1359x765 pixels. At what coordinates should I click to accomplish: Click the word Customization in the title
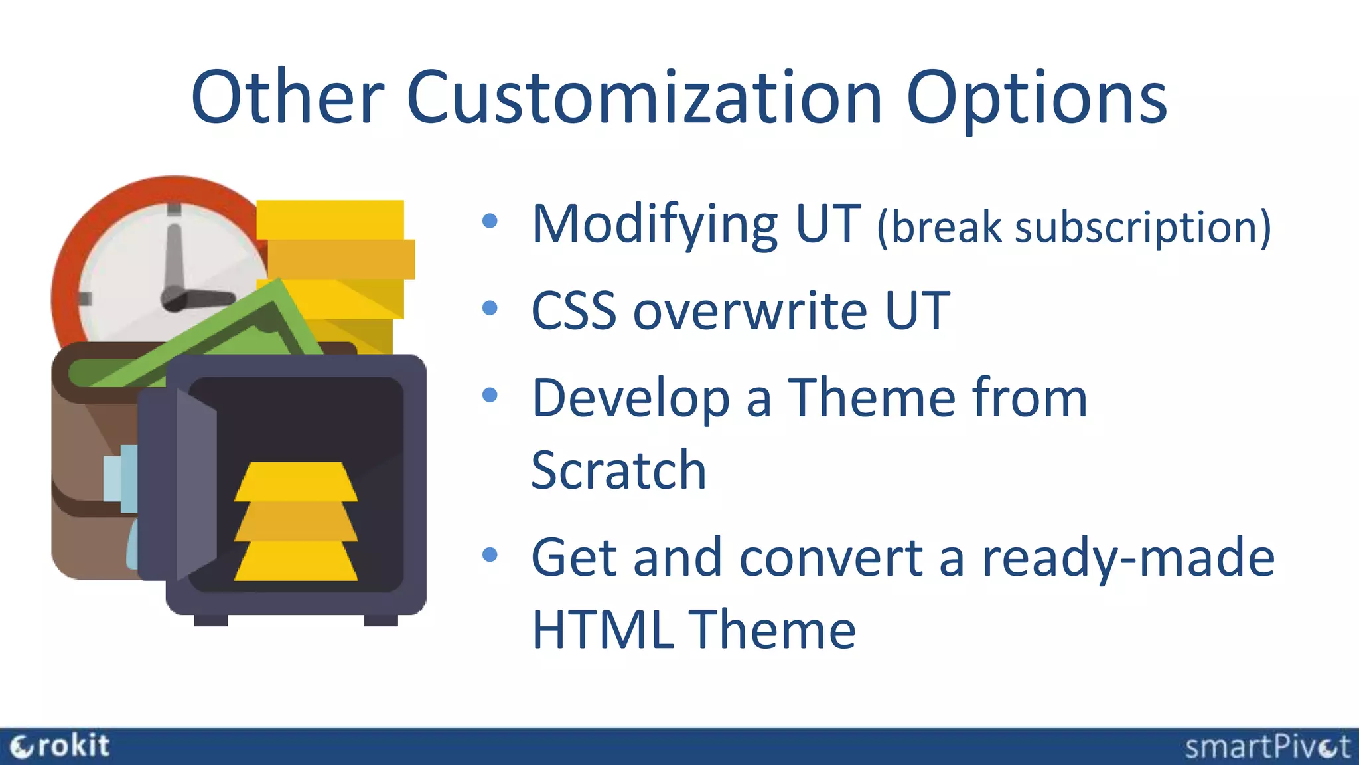coord(644,98)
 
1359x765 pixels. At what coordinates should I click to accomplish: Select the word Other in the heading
coord(287,98)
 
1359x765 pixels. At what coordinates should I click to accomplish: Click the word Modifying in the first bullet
coord(654,226)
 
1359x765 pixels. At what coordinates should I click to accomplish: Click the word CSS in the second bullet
coord(573,311)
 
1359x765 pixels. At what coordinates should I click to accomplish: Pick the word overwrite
coord(750,311)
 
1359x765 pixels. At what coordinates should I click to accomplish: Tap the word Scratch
coord(618,470)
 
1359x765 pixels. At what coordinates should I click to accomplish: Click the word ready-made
coord(1128,558)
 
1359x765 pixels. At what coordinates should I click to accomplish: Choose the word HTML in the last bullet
coord(601,630)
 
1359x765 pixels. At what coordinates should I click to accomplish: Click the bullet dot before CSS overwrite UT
coord(490,308)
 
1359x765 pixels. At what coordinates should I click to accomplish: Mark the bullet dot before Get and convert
coord(490,554)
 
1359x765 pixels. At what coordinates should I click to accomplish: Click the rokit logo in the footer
coord(60,746)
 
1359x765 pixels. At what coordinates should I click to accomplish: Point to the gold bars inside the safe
coord(296,522)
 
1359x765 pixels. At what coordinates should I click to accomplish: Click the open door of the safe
coord(196,485)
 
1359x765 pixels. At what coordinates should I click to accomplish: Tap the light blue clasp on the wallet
coord(120,478)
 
